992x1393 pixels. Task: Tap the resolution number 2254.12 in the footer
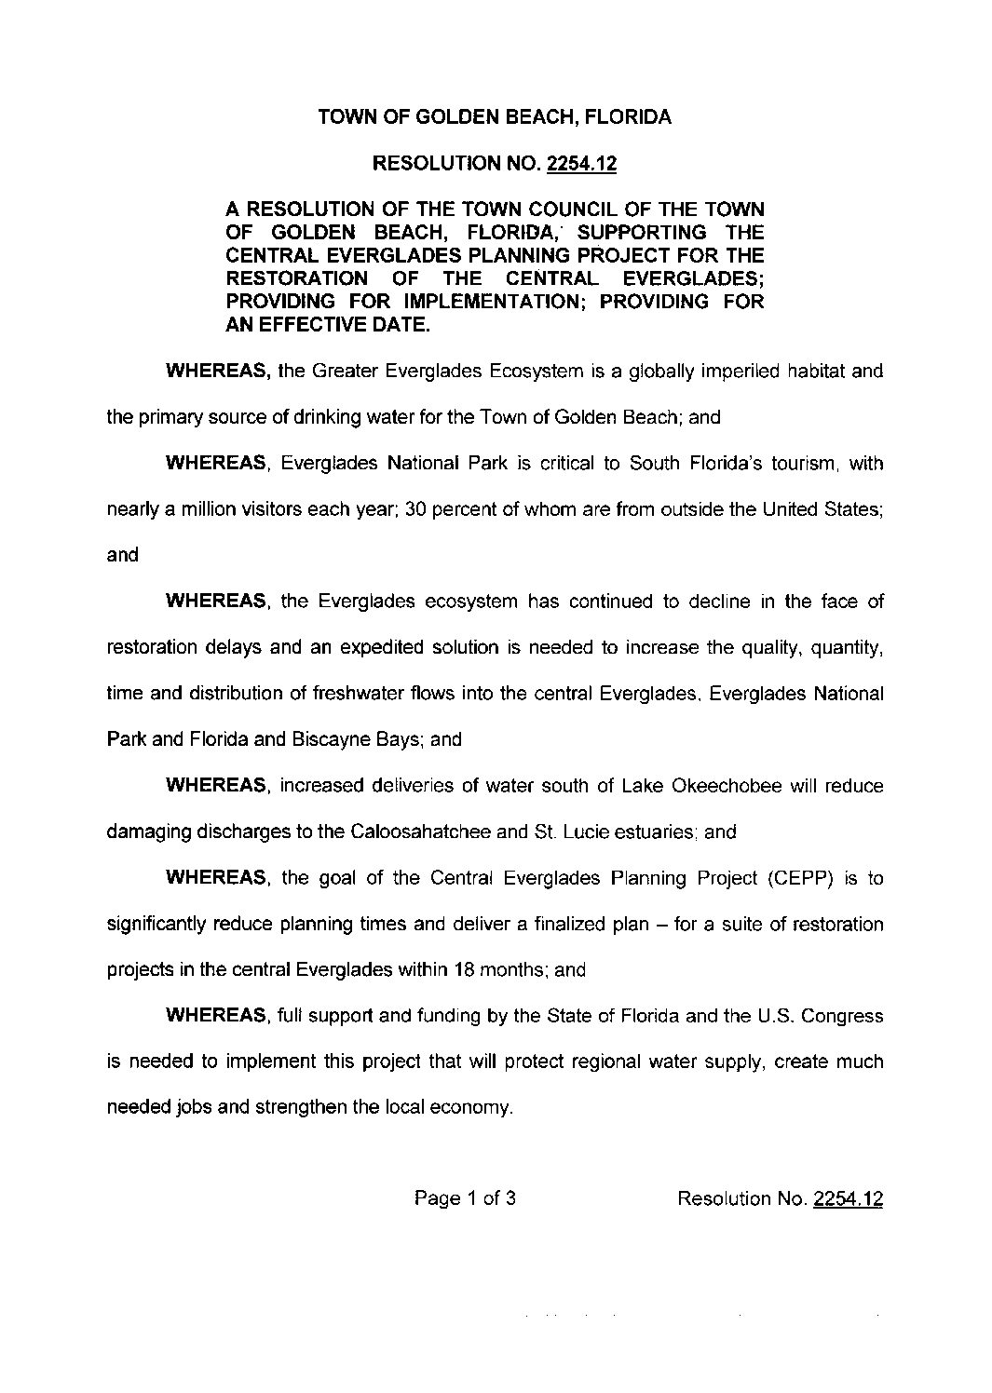pos(848,1198)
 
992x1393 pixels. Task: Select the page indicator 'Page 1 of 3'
pos(465,1198)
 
